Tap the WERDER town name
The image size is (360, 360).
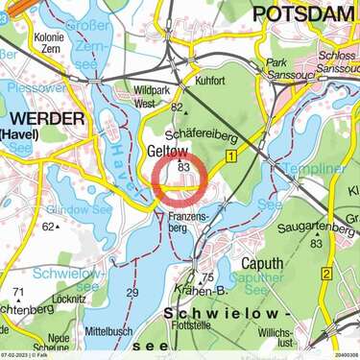(42, 118)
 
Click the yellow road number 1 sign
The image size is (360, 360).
(230, 155)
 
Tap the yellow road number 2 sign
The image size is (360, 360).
(326, 275)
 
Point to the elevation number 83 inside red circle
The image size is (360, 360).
(183, 167)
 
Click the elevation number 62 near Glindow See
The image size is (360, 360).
(47, 228)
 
